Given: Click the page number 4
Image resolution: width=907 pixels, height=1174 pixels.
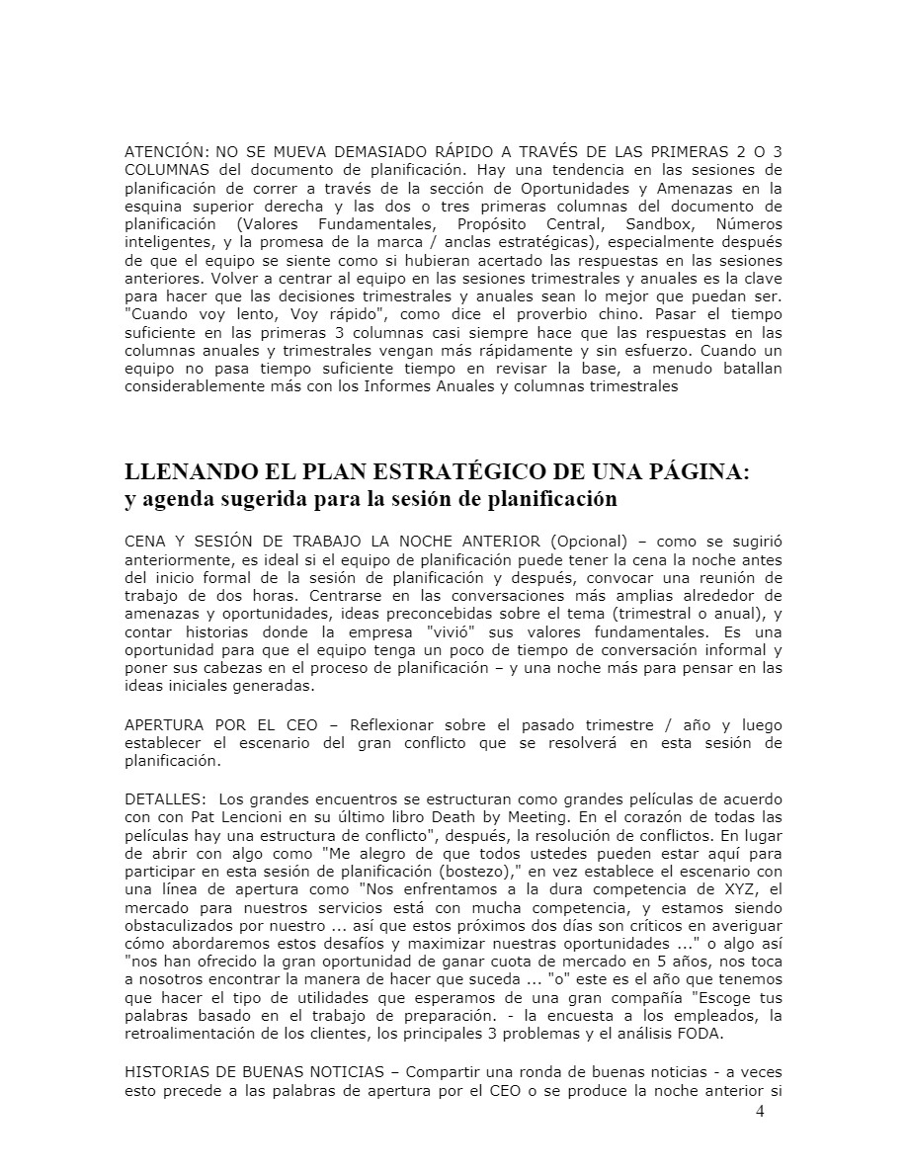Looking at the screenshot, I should [x=759, y=1112].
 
